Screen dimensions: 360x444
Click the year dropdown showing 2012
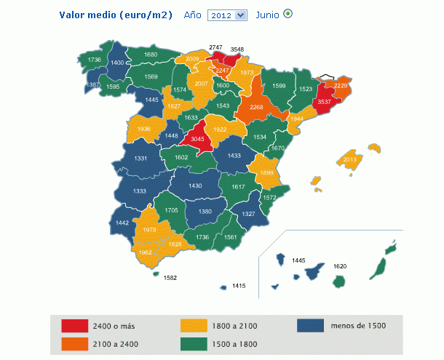point(227,15)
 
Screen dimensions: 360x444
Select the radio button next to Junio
point(288,14)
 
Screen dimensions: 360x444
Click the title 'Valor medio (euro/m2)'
point(115,15)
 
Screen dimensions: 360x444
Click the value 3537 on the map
point(324,103)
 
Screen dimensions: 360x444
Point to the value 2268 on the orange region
point(256,108)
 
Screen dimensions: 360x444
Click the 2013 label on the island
point(350,159)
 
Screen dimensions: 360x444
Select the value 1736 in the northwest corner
point(95,60)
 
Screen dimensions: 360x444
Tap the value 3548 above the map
point(237,49)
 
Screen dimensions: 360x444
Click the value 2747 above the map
point(215,47)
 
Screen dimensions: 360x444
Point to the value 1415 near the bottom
point(239,287)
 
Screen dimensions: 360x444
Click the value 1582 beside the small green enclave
point(170,277)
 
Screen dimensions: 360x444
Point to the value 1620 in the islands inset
point(340,266)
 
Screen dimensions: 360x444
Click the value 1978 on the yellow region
point(150,230)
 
